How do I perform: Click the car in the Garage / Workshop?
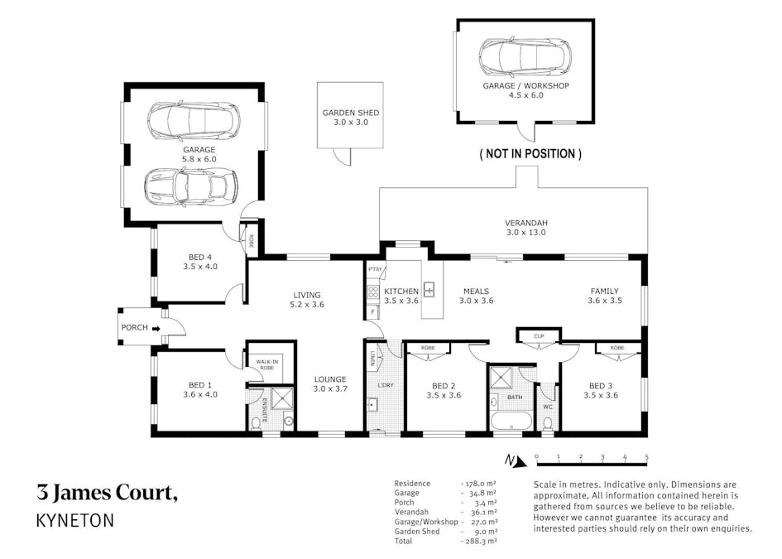tap(525, 56)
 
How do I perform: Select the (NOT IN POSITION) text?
tap(530, 154)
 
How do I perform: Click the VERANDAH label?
tap(526, 223)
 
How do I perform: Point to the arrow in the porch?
tap(156, 328)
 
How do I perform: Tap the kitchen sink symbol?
tap(429, 290)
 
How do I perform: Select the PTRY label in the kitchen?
tap(375, 269)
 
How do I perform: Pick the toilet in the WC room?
tap(548, 423)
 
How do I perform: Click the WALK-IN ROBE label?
tap(266, 364)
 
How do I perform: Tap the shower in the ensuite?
tap(282, 399)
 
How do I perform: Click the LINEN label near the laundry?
tap(373, 359)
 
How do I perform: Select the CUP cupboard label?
tap(538, 336)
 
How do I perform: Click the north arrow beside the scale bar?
tap(513, 460)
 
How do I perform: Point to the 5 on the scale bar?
tap(646, 457)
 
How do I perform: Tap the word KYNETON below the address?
tap(75, 521)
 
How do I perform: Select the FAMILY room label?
tap(605, 291)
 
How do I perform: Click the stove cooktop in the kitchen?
tap(373, 292)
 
